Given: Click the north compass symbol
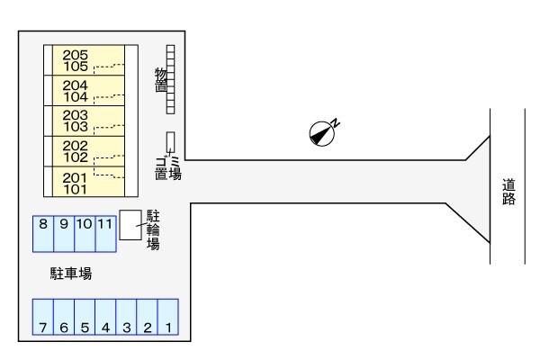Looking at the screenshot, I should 321,133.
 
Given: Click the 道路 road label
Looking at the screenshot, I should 509,192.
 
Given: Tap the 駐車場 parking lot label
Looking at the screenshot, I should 70,273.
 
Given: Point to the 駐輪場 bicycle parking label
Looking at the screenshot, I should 153,229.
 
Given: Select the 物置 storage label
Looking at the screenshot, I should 161,80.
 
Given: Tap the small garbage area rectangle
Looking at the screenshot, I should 171,141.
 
